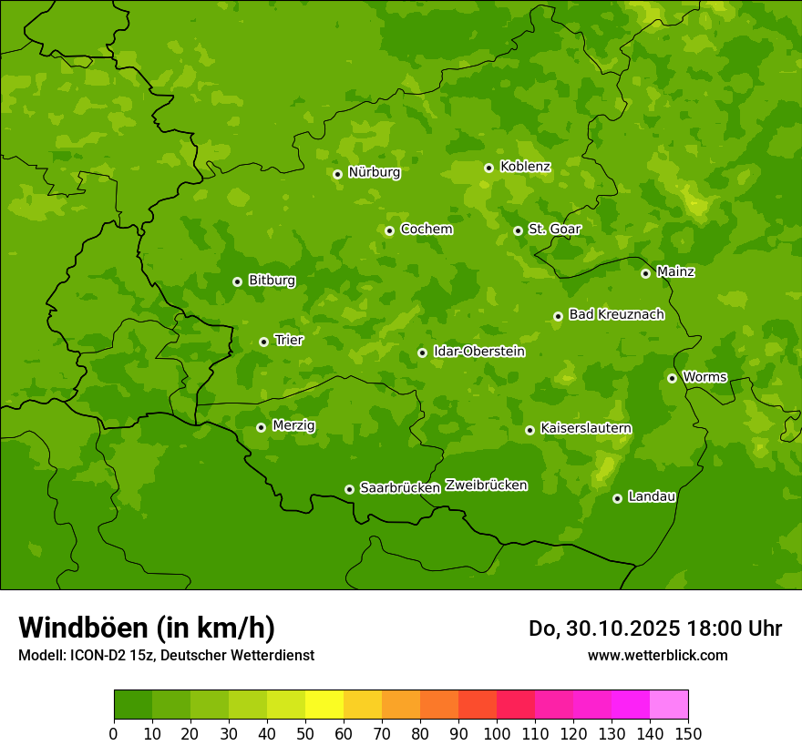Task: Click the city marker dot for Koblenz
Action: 488,168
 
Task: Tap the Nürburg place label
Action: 374,172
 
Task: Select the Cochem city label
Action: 426,230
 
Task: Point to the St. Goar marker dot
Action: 518,230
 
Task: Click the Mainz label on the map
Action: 675,272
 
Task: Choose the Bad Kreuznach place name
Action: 616,315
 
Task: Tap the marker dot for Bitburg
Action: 237,281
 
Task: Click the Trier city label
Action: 289,341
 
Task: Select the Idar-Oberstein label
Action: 478,352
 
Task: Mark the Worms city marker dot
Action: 672,378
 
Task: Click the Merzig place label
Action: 293,426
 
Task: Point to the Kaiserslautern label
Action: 586,429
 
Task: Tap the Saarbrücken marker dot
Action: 349,489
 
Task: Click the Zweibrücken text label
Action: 486,485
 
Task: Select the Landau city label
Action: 652,497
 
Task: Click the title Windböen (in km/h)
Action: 147,628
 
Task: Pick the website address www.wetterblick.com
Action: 657,655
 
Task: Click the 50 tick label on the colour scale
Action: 305,733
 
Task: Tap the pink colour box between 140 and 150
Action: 669,705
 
